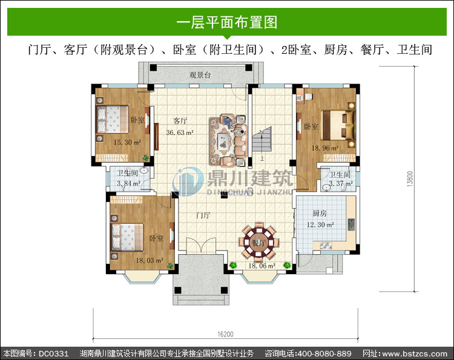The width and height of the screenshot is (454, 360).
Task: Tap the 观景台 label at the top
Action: coord(200,75)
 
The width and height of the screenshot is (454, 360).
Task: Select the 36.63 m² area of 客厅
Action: coord(180,133)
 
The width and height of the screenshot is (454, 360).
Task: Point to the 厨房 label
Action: coord(320,214)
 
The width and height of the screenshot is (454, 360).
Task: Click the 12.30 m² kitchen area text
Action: coord(320,224)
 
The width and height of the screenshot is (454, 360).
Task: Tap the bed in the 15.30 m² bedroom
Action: coord(113,119)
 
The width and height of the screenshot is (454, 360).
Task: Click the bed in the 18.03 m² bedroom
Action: coord(127,237)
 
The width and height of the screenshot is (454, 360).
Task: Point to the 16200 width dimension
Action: coord(225,334)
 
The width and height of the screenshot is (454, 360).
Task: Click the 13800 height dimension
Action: coord(410,179)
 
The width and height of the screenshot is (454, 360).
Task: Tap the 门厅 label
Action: coord(203,215)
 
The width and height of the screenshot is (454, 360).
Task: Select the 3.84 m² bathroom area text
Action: coord(128,183)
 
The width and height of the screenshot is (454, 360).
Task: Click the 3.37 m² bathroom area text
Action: coord(341,183)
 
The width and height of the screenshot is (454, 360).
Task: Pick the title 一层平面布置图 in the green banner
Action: coord(227,22)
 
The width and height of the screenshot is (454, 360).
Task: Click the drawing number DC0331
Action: coord(53,353)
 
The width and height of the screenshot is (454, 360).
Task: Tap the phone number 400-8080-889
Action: coord(324,353)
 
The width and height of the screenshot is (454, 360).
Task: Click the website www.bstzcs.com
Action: coord(415,353)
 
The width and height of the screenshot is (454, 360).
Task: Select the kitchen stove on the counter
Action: coord(351,224)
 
